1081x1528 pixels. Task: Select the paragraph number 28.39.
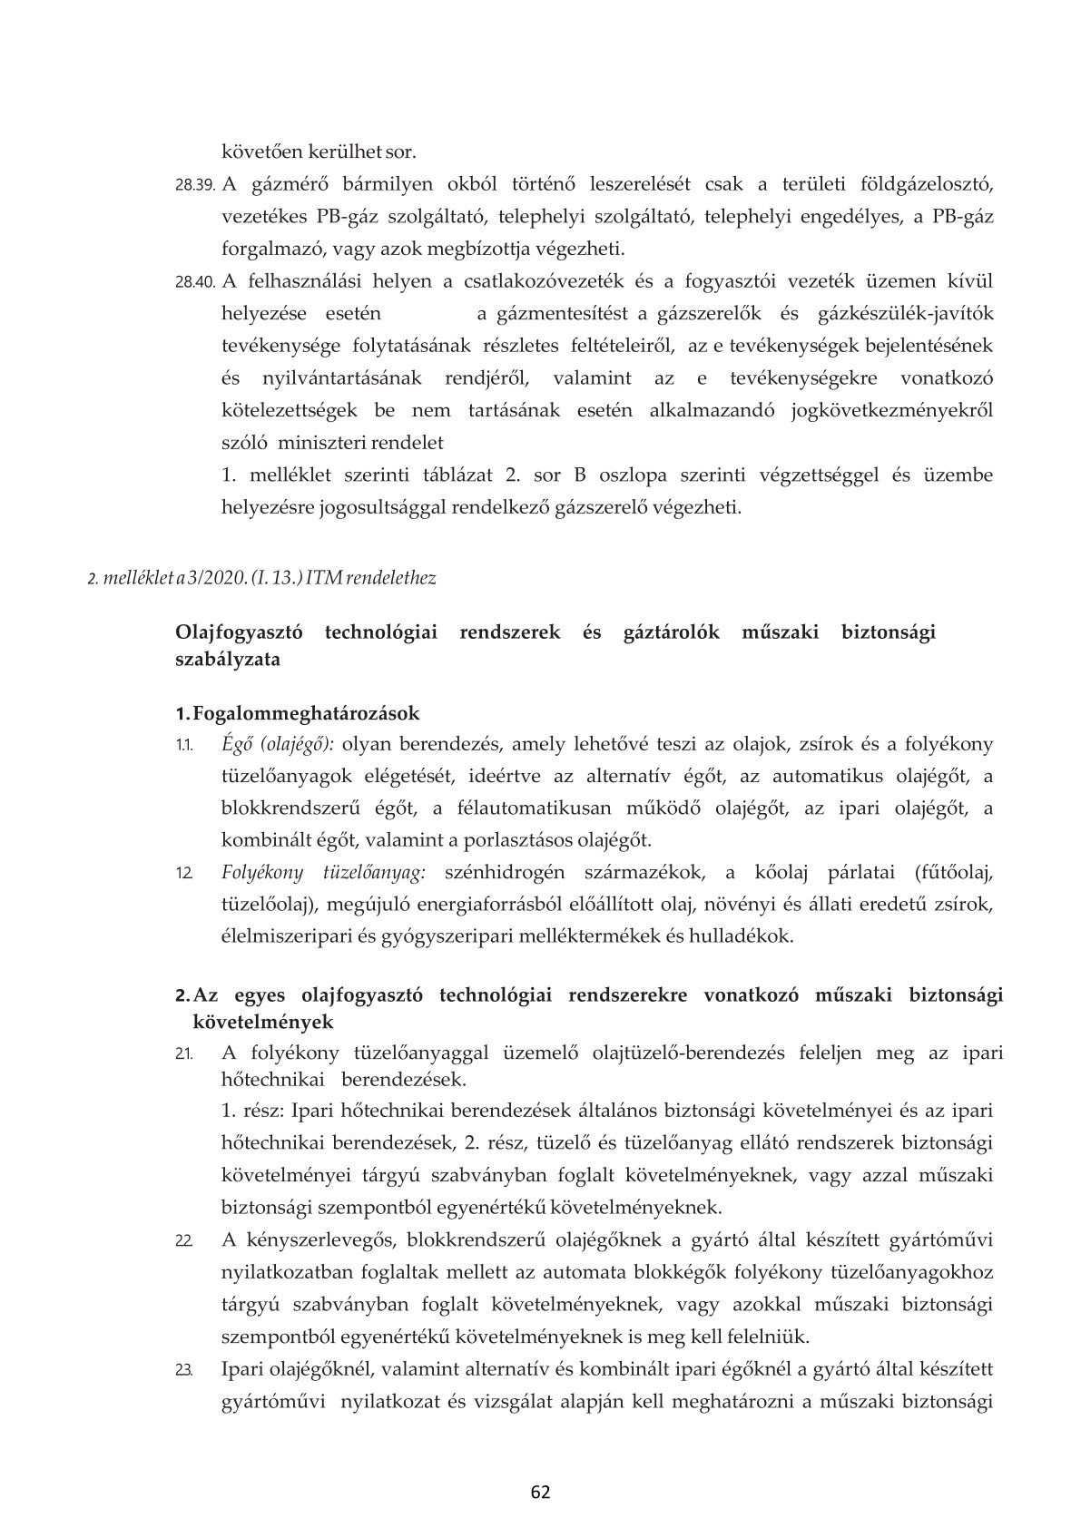point(194,185)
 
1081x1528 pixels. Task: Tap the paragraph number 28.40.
point(194,282)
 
